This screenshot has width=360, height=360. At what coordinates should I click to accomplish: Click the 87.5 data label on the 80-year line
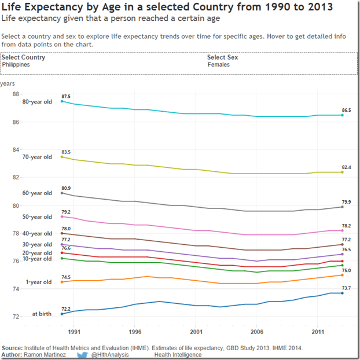[x=66, y=97]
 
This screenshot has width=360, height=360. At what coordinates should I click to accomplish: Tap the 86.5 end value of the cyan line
[x=346, y=109]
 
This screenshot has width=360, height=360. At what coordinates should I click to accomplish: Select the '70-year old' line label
[x=37, y=157]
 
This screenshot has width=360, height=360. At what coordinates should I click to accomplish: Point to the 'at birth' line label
[x=42, y=314]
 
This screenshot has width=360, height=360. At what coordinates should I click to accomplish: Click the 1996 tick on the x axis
[x=135, y=333]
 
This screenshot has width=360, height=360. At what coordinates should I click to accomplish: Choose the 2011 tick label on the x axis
[x=318, y=333]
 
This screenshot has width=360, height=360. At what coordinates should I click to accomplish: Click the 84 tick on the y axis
[x=16, y=150]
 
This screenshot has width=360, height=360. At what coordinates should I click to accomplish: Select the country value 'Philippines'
[x=16, y=65]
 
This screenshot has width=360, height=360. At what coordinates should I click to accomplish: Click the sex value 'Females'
[x=218, y=65]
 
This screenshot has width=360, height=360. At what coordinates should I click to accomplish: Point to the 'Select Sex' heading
[x=223, y=57]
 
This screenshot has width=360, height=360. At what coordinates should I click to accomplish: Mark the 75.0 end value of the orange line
[x=346, y=270]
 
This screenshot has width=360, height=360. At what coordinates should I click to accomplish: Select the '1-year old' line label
[x=38, y=282]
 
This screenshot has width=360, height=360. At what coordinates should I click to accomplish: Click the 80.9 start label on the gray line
[x=66, y=188]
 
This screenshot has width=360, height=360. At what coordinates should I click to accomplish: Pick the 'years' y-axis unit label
[x=7, y=83]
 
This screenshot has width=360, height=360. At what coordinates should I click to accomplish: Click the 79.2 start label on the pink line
[x=66, y=212]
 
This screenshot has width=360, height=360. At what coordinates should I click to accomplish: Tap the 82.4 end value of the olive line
[x=346, y=167]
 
